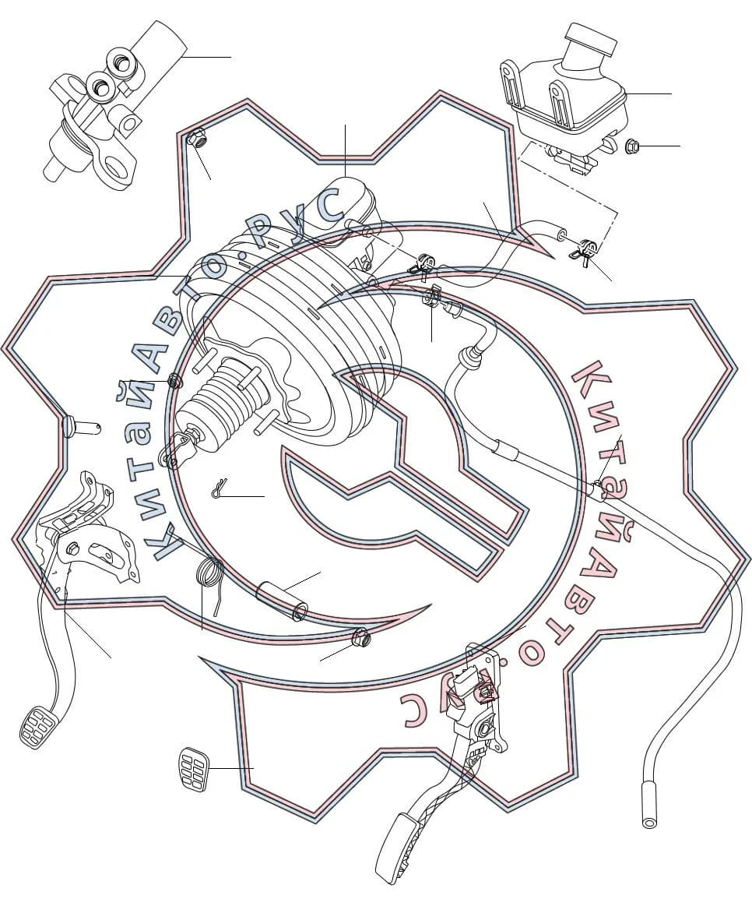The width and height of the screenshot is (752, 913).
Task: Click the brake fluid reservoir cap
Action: click(592, 41)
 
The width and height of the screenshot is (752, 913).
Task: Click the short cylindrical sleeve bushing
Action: click(283, 601)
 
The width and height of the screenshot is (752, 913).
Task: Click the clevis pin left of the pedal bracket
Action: click(82, 427)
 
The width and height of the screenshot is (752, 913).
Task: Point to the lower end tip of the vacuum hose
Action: click(649, 821)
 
